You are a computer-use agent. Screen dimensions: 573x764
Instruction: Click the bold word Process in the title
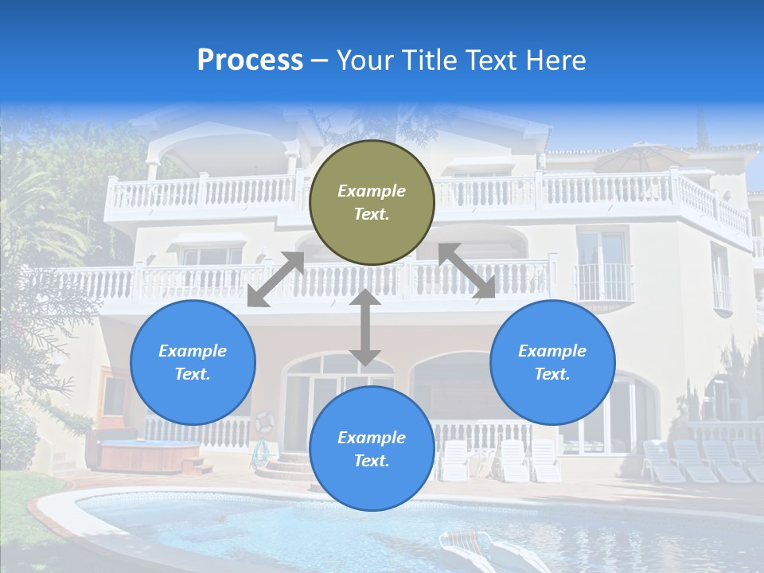250,60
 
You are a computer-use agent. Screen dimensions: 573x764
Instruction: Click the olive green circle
372,202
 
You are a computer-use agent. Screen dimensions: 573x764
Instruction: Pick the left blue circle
193,362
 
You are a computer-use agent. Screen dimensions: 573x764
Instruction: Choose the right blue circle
552,362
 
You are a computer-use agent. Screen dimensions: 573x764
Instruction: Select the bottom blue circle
372,449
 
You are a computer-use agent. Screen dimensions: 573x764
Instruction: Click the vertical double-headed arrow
365,327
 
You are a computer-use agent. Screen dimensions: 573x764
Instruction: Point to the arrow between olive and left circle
276,279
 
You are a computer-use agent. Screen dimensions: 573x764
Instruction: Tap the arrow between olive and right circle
466,271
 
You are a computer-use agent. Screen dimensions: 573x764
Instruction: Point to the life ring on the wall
264,422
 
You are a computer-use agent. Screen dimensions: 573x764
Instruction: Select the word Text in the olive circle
372,215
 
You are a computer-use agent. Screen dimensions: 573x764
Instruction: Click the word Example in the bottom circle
372,438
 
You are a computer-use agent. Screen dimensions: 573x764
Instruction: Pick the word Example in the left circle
193,351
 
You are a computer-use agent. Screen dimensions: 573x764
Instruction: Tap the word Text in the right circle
552,374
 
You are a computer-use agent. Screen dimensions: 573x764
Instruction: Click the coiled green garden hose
259,454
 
